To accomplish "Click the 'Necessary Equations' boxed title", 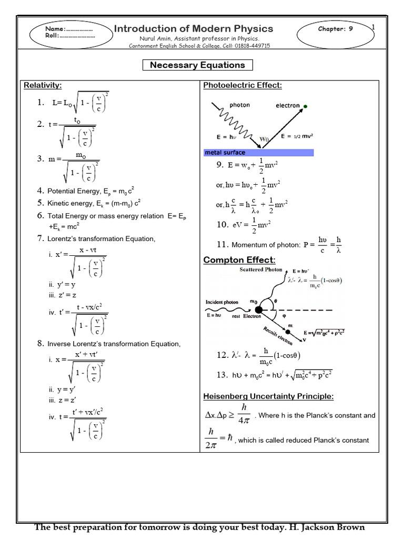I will tap(197, 65).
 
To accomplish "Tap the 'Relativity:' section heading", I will tap(43, 85).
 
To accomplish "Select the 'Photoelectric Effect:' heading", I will tap(243, 85).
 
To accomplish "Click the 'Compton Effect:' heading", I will tap(239, 260).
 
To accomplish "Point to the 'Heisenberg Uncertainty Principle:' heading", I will tap(268, 396).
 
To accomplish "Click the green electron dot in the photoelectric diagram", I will tap(306, 106).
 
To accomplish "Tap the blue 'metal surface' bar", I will tap(258, 153).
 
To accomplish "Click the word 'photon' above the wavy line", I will tap(240, 105).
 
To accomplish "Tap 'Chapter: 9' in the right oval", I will tap(335, 29).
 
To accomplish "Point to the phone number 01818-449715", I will tap(250, 46).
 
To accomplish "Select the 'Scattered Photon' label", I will tap(261, 270).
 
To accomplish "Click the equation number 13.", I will tap(221, 375).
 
